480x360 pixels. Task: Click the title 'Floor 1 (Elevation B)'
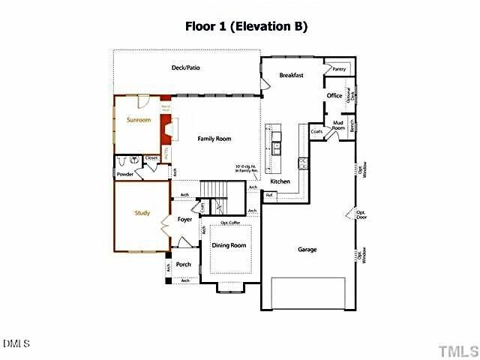[x=246, y=26]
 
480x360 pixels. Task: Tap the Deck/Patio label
[x=185, y=68]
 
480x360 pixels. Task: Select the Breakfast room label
[x=291, y=75]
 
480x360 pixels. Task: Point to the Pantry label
[x=338, y=69]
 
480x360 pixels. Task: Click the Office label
[x=334, y=95]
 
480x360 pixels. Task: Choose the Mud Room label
[x=338, y=126]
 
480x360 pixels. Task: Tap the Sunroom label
[x=139, y=120]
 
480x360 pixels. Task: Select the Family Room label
[x=214, y=139]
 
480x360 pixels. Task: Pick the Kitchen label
[x=280, y=181]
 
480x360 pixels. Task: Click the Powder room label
[x=124, y=174]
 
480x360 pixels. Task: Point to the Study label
[x=142, y=213]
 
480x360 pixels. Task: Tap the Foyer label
[x=185, y=220]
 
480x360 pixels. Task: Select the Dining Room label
[x=229, y=245]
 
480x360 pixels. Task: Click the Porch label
[x=184, y=264]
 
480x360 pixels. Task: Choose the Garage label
[x=307, y=249]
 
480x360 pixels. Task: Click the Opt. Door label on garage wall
[x=361, y=214]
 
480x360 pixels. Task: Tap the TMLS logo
[x=457, y=350]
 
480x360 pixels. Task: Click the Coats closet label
[x=316, y=131]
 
